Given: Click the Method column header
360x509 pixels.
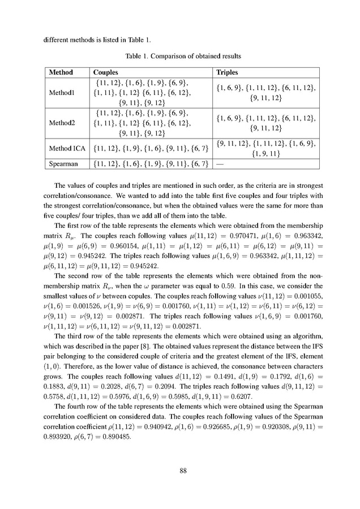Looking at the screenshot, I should (x=61, y=73).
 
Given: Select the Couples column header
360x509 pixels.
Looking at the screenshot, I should (x=105, y=73).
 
